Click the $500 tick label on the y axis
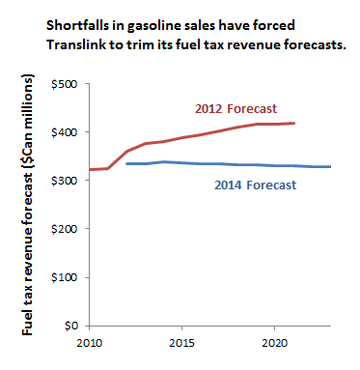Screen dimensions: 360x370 point(65,84)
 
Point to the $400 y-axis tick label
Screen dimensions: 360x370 point(65,132)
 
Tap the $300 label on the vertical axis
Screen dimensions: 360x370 point(65,181)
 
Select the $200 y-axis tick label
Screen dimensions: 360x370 point(65,229)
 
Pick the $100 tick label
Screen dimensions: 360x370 point(65,277)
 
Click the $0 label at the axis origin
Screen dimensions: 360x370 point(71,326)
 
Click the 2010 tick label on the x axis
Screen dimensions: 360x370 point(90,343)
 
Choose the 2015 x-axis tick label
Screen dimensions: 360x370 point(182,343)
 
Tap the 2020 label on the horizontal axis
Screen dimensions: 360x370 point(274,343)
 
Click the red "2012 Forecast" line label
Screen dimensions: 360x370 point(235,109)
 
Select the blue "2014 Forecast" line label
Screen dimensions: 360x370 point(256,185)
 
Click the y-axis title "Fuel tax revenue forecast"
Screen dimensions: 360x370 point(27,256)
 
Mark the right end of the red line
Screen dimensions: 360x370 point(294,123)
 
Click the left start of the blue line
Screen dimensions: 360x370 point(126,163)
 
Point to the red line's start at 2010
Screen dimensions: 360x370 point(90,169)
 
